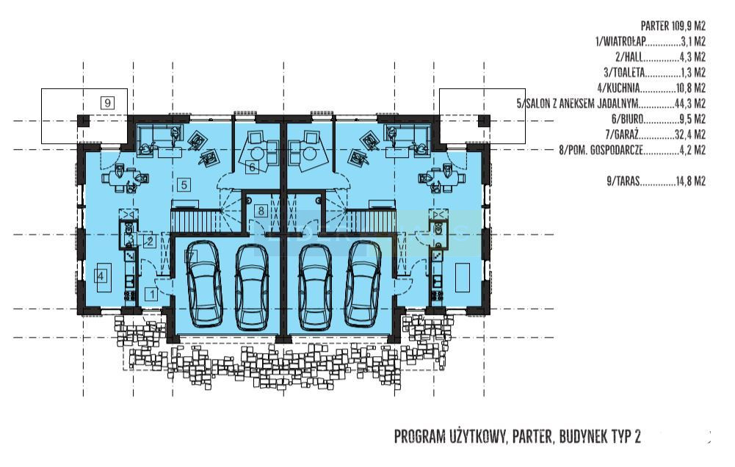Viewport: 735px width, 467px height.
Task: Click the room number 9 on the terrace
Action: coord(108,102)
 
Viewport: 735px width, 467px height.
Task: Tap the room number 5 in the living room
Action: coord(184,185)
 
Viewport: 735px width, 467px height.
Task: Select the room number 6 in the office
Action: coord(252,167)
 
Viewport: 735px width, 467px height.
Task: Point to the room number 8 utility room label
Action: coord(261,211)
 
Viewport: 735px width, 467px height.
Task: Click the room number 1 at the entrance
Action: coord(152,294)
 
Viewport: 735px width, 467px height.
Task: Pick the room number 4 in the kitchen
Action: coord(101,276)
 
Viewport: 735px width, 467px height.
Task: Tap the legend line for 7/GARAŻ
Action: coord(655,134)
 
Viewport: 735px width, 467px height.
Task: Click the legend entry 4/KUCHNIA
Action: coord(651,87)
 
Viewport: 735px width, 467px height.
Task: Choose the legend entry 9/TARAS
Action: coord(656,181)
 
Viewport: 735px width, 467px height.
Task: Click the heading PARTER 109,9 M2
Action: coord(673,26)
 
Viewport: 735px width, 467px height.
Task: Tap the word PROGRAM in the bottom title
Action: coord(419,437)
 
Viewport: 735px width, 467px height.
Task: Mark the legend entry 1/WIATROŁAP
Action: coord(650,41)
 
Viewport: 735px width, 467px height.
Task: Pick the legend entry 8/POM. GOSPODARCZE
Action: coord(632,150)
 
